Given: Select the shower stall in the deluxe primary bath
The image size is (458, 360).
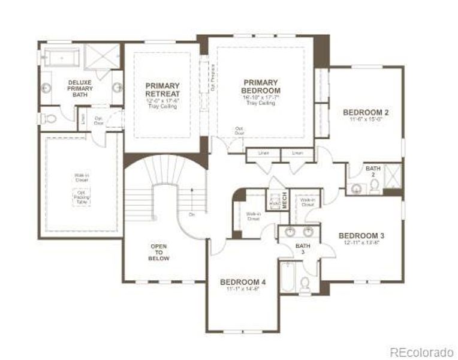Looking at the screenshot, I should pos(103,58).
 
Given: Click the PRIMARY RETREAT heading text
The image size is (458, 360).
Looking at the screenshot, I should pos(162,90).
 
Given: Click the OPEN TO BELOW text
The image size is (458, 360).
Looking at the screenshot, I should pos(159,252).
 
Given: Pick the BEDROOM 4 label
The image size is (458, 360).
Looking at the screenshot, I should pos(243,282).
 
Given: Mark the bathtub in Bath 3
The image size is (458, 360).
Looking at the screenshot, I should pos(287,277).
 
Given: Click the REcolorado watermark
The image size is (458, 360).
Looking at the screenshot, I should pos(422,352).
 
